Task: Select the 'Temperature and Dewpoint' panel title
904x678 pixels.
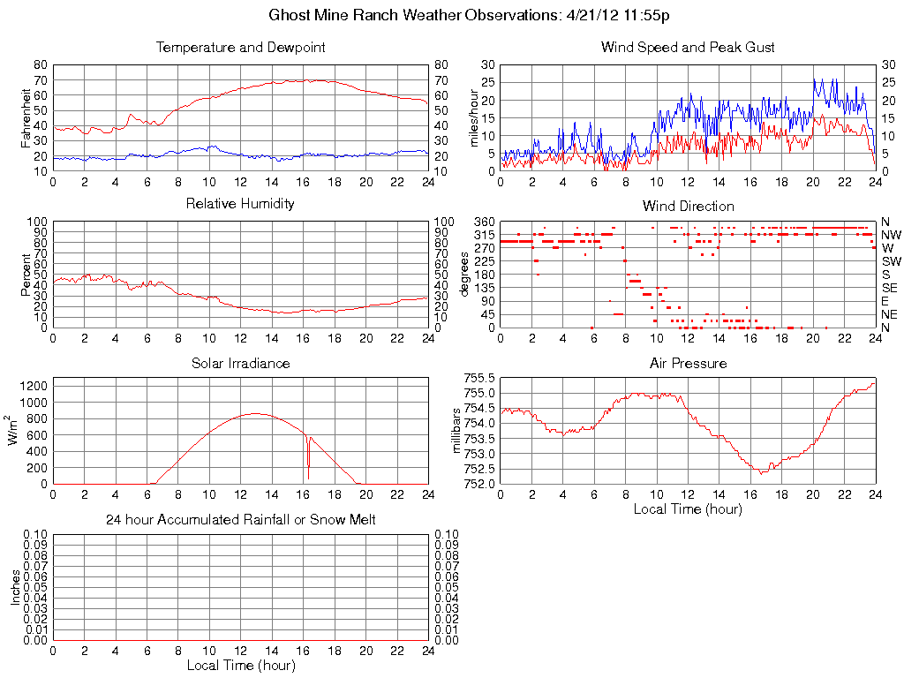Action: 240,47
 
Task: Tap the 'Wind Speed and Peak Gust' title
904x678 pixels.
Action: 688,47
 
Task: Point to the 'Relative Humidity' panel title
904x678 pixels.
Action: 240,204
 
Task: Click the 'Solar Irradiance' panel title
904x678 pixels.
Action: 240,363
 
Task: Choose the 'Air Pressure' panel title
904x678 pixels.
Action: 688,363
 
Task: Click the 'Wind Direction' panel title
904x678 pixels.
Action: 688,206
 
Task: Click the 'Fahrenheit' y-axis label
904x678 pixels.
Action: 26,117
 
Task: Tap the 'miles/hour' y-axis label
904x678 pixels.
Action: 474,118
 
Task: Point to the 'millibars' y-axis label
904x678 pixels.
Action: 457,430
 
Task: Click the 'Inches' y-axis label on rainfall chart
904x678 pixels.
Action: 15,586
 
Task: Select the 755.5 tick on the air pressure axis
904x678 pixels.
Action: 479,377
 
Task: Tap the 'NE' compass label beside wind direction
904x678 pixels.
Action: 890,314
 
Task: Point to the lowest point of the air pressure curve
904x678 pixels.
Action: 762,473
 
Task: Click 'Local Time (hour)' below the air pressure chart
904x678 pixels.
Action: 688,508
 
